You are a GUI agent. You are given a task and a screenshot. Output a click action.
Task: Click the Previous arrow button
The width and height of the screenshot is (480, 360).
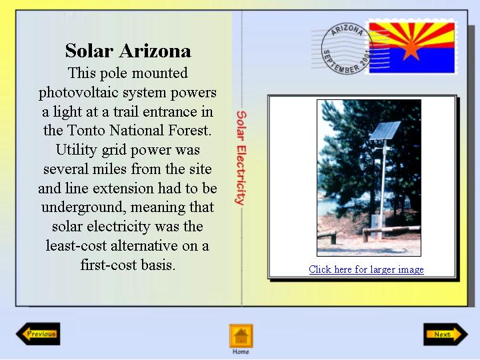pos(38,334)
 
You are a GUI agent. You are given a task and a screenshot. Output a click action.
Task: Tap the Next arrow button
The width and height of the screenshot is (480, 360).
pos(445,334)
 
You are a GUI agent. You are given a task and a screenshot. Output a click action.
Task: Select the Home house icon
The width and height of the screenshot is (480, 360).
pos(241,336)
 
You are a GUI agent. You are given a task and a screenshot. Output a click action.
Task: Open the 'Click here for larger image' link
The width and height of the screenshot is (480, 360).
pos(366,269)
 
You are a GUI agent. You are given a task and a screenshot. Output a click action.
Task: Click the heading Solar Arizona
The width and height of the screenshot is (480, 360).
pos(128,51)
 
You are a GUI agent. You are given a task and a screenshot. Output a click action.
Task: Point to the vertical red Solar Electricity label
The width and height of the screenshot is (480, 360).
pos(241,157)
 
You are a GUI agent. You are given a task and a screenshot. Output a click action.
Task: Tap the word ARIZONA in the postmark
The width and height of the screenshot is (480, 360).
pos(347,30)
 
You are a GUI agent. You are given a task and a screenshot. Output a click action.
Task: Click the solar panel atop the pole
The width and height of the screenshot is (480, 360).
pos(385,131)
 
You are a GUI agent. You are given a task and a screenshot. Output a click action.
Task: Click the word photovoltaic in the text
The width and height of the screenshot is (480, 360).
pos(78,93)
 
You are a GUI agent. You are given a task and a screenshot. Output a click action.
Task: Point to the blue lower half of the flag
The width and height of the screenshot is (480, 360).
pos(412,61)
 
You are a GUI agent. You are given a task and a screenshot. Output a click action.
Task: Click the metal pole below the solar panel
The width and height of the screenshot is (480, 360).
pos(383,189)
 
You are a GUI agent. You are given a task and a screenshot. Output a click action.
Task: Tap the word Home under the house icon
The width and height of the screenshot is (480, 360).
pos(241,352)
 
